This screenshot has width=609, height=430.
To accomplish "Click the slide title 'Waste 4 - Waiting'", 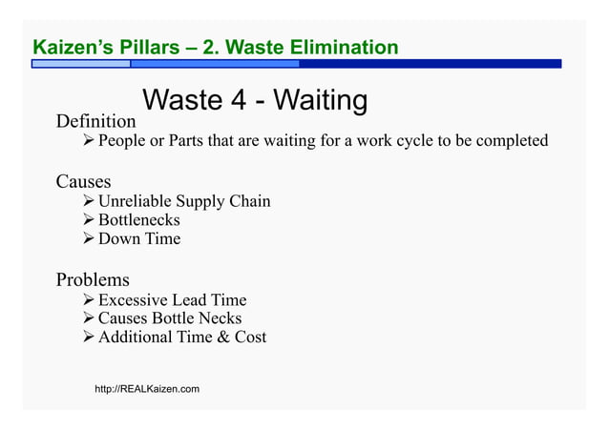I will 254,100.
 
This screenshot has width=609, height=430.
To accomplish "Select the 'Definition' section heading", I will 95,122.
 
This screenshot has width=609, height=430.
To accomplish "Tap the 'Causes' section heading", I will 83,181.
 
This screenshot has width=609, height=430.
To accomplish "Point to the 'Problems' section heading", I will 93,280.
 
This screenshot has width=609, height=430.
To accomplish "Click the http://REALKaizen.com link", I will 147,390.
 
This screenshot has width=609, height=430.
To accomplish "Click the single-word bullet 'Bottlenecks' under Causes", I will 138,220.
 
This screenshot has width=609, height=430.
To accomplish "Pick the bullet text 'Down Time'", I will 138,238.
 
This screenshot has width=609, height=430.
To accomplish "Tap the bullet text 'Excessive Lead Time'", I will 172,300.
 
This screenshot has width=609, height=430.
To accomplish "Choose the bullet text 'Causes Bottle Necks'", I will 169,318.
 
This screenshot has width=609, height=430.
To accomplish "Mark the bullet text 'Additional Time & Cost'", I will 181,337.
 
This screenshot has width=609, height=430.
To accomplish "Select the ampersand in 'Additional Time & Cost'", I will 220,337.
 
